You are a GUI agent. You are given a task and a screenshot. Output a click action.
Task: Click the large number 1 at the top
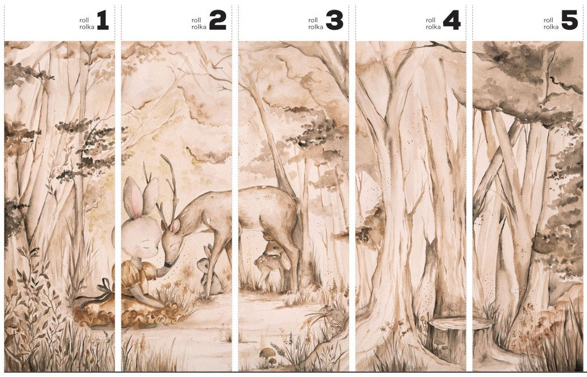pyautogui.click(x=103, y=20)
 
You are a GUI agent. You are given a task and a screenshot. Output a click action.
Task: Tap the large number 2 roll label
pyautogui.click(x=217, y=20)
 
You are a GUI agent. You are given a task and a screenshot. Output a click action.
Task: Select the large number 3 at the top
pyautogui.click(x=334, y=20)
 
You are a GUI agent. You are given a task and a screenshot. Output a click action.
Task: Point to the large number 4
pyautogui.click(x=452, y=20)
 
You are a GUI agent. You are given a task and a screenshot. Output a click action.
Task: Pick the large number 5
pyautogui.click(x=569, y=20)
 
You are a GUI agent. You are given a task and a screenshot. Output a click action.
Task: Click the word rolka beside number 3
pyautogui.click(x=316, y=27)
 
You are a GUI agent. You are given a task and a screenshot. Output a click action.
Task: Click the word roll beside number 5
pyautogui.click(x=548, y=20)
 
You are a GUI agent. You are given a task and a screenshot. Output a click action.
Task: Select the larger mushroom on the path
pyautogui.click(x=266, y=353)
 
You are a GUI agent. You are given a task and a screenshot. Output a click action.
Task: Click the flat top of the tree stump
pyautogui.click(x=460, y=322)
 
